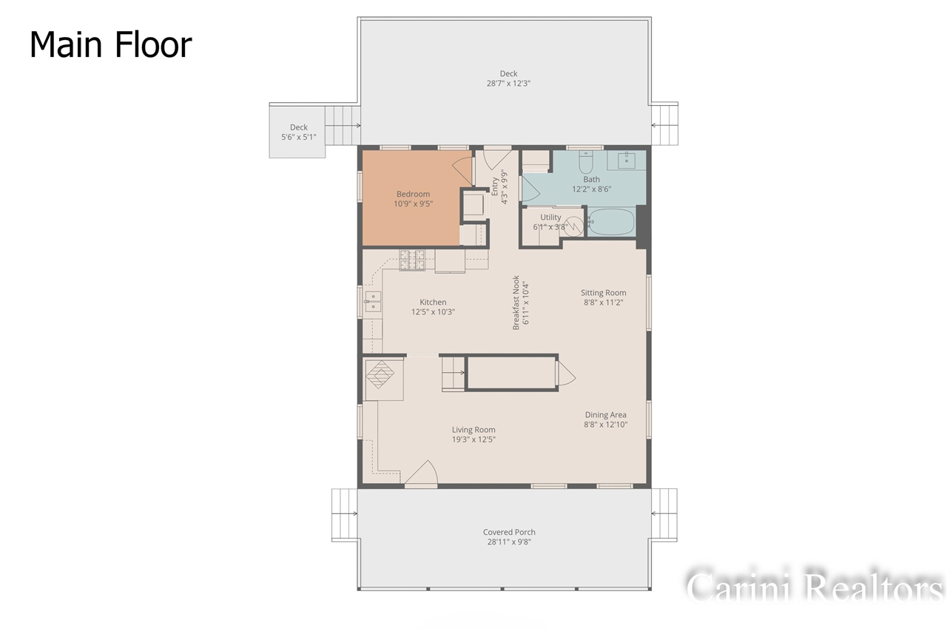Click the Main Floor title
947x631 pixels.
[x=111, y=45]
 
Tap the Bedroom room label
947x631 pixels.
[x=412, y=195]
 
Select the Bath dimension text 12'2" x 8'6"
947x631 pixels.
[x=591, y=189]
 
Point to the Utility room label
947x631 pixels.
[x=550, y=217]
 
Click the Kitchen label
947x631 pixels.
[x=433, y=302]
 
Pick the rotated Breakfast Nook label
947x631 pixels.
[x=516, y=303]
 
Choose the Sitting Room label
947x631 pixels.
[x=603, y=293]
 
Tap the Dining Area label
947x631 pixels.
[x=605, y=415]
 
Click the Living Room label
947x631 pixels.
[x=473, y=430]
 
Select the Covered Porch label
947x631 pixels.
[x=509, y=532]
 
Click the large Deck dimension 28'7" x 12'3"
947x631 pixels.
[x=508, y=84]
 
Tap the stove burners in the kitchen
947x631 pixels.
[x=412, y=260]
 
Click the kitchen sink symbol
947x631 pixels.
[x=373, y=300]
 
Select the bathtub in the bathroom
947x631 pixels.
[x=611, y=222]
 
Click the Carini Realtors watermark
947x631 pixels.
[x=814, y=586]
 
